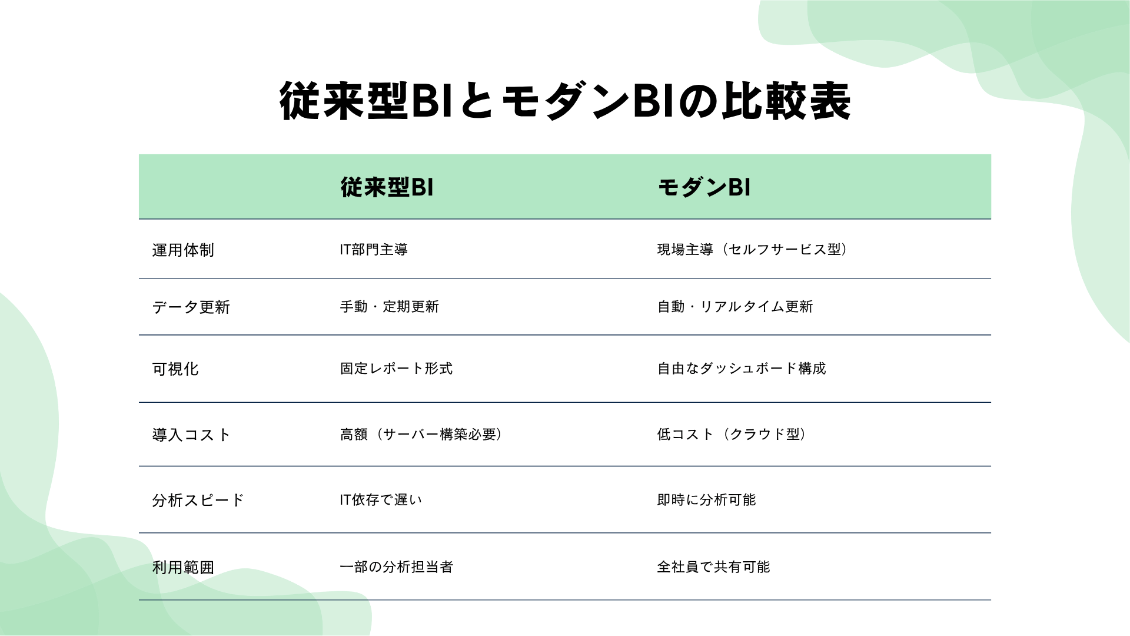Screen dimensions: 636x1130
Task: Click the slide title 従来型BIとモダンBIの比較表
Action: [565, 101]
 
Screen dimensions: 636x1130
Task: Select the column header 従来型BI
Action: [387, 187]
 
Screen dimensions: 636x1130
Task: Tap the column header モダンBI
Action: [704, 187]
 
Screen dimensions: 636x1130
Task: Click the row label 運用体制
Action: [183, 250]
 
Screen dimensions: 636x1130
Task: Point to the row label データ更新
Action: [191, 307]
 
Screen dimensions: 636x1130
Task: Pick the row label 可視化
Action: [175, 369]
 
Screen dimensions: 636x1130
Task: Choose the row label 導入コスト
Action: [191, 435]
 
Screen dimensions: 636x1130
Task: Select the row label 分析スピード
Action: [198, 501]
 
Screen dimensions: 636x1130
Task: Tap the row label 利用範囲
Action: [183, 568]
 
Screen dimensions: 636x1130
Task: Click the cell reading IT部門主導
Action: [374, 250]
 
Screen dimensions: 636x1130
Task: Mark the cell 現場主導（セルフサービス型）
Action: [753, 250]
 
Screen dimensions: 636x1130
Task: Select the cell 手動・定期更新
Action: [390, 307]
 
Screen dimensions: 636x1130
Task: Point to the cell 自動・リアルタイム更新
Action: [735, 307]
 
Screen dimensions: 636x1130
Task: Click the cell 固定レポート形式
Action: [396, 369]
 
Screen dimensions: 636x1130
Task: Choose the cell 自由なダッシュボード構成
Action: [742, 369]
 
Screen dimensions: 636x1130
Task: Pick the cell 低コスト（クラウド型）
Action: [732, 435]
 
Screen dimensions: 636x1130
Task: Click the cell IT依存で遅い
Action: [381, 500]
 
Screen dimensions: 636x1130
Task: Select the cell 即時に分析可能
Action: [706, 500]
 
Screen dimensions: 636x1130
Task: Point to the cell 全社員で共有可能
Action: [713, 567]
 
